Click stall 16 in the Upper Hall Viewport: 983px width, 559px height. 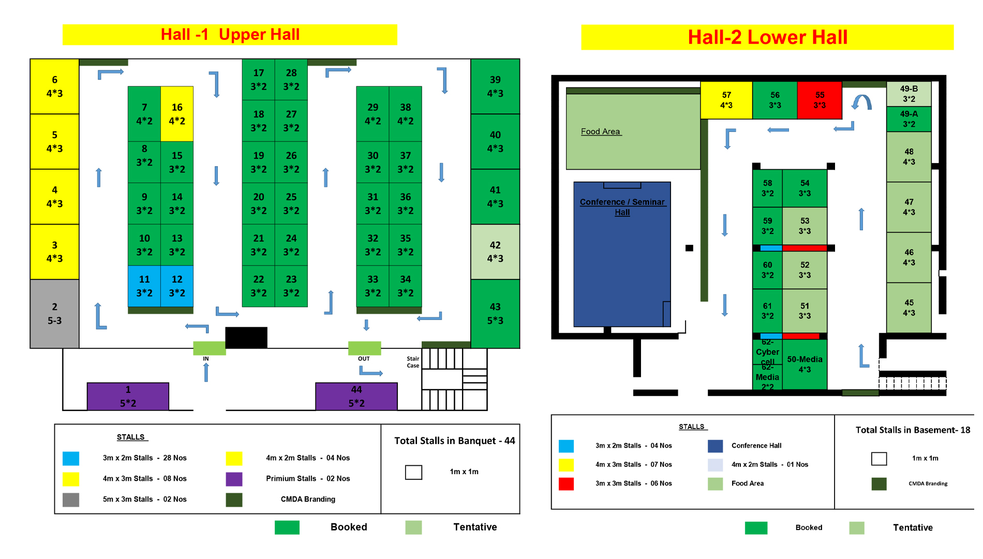coord(177,114)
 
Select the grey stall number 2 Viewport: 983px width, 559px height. coord(54,314)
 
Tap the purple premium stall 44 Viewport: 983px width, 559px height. coord(356,396)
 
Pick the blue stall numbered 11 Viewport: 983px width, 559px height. coord(144,286)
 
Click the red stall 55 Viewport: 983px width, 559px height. coord(820,100)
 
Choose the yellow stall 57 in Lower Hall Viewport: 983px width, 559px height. coord(726,100)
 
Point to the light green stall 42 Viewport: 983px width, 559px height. coord(495,252)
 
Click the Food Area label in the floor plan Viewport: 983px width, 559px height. coord(601,131)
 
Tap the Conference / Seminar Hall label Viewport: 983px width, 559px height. coord(622,207)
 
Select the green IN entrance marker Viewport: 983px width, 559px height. coord(209,348)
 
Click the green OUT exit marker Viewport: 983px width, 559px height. coord(364,348)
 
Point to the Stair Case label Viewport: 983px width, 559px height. coord(413,362)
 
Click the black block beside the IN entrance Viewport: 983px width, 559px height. coord(246,337)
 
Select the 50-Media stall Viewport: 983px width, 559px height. coord(805,364)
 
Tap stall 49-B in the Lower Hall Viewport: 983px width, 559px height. coord(908,94)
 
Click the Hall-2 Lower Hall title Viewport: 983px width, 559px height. coord(767,37)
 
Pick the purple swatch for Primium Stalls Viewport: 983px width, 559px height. coord(234,479)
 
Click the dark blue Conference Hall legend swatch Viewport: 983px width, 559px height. coord(715,446)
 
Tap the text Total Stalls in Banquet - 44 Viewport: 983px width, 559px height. coord(454,440)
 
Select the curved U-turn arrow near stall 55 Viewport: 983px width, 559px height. coord(861,102)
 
